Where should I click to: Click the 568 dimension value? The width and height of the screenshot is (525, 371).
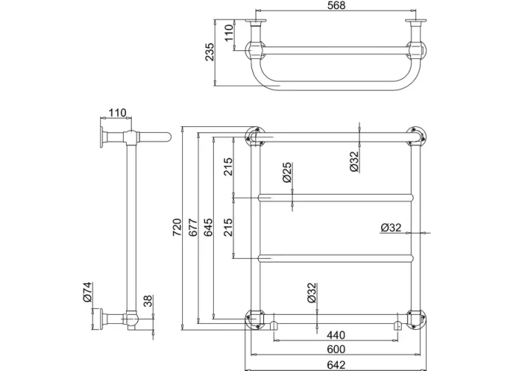click(x=334, y=6)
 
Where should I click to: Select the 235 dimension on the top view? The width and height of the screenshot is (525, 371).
click(x=211, y=52)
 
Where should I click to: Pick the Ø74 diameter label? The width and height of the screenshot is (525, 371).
click(x=88, y=293)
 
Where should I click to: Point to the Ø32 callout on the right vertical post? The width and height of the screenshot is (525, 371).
click(x=391, y=227)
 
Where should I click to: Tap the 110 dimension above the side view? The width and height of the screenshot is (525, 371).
click(x=117, y=113)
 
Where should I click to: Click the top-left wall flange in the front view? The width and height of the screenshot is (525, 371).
click(x=254, y=136)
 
